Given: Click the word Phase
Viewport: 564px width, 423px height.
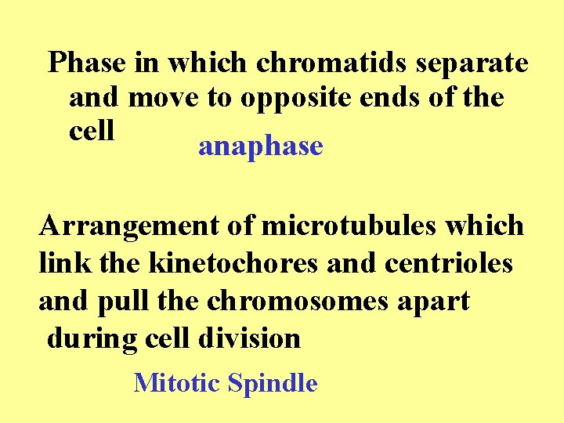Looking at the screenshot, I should tap(85, 63).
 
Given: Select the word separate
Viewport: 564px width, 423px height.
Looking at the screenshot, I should tap(471, 63).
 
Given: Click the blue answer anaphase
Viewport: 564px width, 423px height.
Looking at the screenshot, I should tap(261, 146).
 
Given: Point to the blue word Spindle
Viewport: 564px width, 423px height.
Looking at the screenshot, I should tap(273, 384).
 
